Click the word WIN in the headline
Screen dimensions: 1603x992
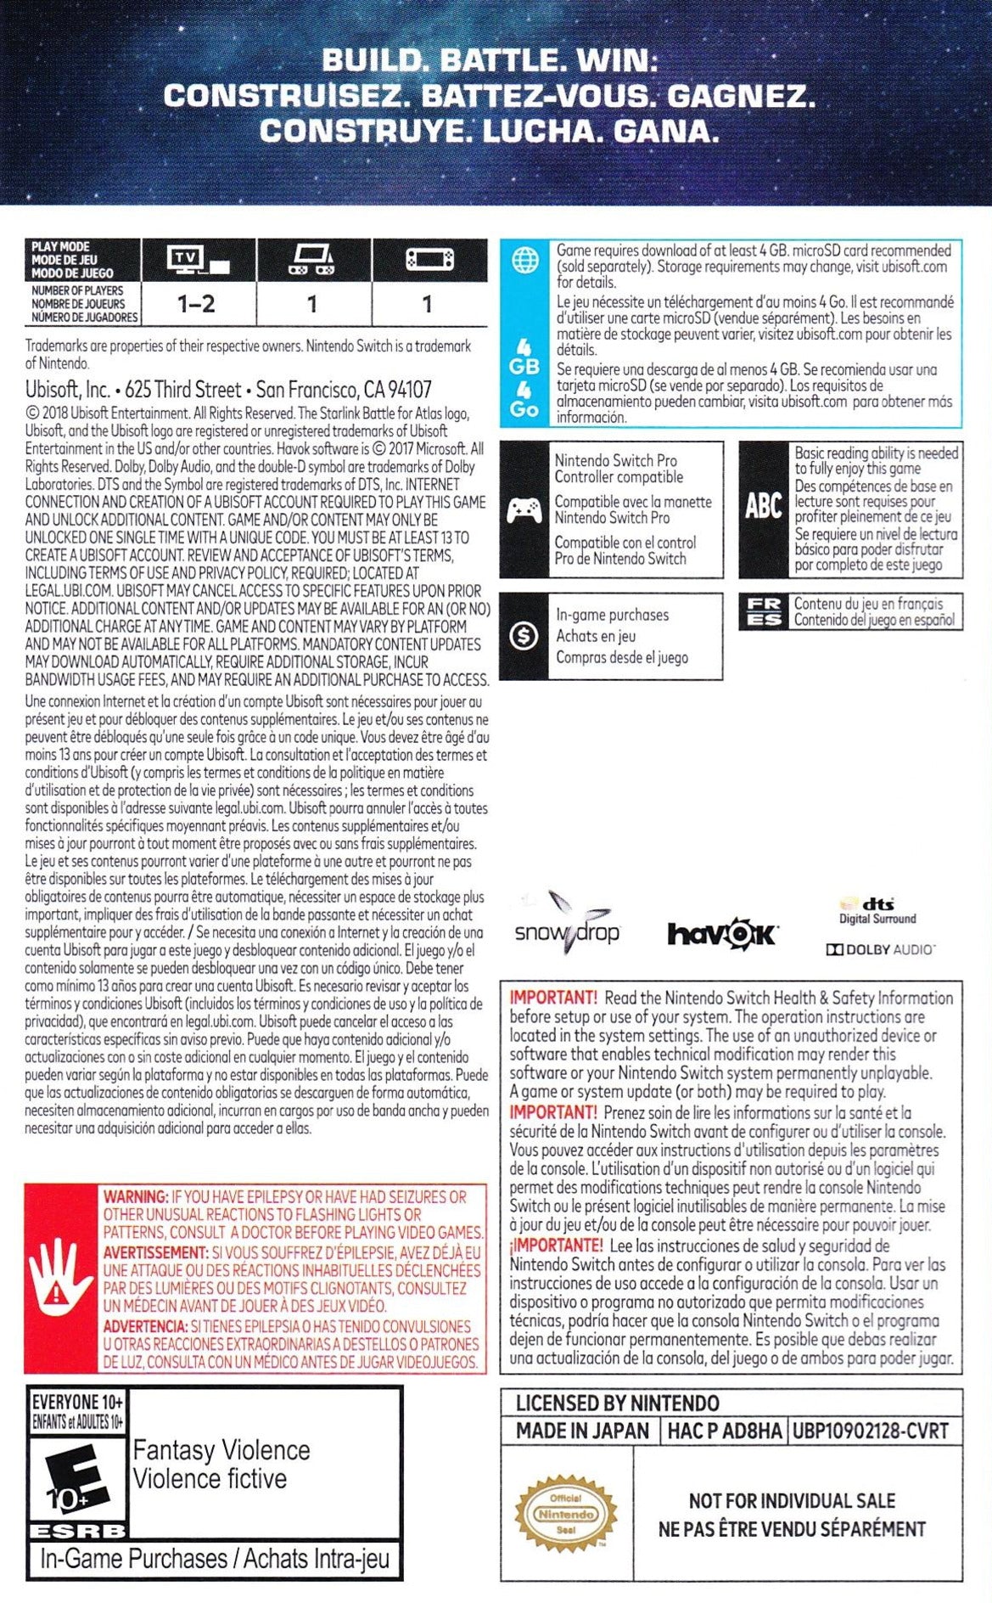[616, 61]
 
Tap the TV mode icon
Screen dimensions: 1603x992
[198, 260]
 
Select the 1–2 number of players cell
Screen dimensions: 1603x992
[196, 304]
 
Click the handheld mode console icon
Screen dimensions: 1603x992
[429, 260]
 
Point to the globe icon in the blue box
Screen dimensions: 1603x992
[524, 262]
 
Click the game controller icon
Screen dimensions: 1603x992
[524, 509]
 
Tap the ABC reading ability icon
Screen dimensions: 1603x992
[763, 506]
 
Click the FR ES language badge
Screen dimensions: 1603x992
[764, 611]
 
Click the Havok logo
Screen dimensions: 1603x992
[721, 934]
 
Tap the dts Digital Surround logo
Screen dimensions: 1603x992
[877, 910]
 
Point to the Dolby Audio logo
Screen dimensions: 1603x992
[880, 949]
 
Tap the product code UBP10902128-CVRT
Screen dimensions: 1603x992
[870, 1431]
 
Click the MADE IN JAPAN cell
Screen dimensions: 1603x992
[582, 1431]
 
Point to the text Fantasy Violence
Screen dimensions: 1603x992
[221, 1450]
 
